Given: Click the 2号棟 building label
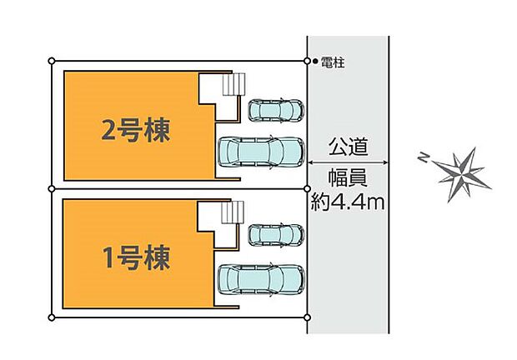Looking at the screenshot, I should point(136,132).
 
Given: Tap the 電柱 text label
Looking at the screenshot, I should point(334,62).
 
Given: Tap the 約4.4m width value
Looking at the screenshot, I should point(348,202).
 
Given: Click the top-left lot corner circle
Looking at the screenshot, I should point(52,61).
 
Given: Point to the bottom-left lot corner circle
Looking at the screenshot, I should point(52,317).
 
